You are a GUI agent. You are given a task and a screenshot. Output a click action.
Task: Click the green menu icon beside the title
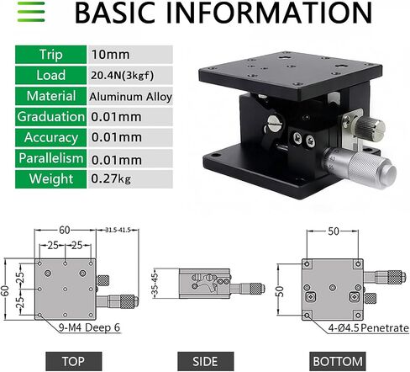pyautogui.click(x=31, y=12)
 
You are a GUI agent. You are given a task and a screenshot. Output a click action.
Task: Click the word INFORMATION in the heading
pyautogui.click(x=269, y=13)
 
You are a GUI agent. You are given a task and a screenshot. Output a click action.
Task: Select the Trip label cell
pyautogui.click(x=50, y=55)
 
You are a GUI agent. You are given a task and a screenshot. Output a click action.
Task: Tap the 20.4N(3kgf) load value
pyautogui.click(x=122, y=75)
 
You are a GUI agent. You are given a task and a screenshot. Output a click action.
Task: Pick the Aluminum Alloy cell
pyautogui.click(x=130, y=97)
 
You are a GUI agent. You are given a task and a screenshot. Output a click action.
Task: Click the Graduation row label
pyautogui.click(x=50, y=116)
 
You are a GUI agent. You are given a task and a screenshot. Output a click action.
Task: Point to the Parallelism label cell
pyautogui.click(x=50, y=158)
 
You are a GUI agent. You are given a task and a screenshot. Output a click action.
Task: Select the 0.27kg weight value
pyautogui.click(x=111, y=178)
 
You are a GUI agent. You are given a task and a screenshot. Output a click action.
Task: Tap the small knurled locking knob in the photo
pyautogui.click(x=369, y=128)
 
